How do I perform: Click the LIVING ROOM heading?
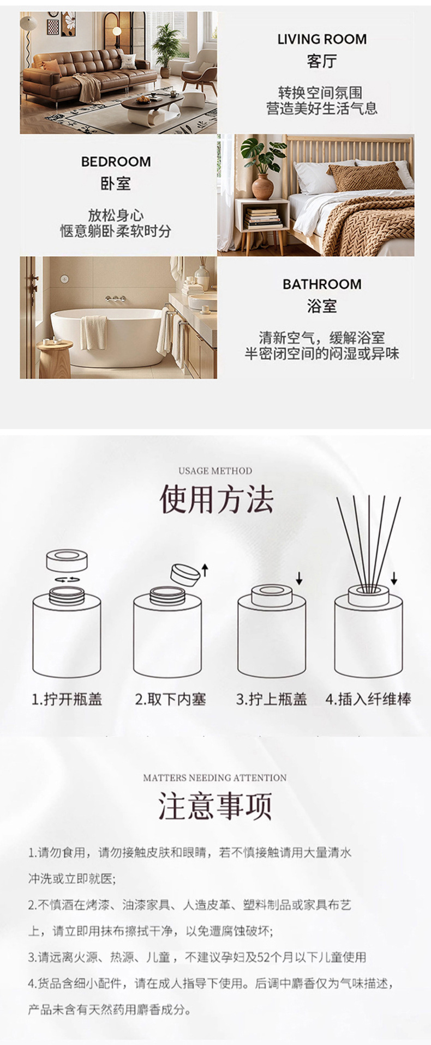[x=322, y=39]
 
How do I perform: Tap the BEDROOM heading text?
[x=116, y=162]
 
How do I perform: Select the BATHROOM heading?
[x=322, y=284]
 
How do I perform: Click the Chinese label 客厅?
[x=322, y=62]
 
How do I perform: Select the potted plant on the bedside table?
[x=262, y=169]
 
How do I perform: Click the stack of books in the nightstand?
[x=262, y=218]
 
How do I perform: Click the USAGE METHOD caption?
[x=215, y=471]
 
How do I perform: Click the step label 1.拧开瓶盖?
[x=67, y=700]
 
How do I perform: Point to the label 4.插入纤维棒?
[x=369, y=700]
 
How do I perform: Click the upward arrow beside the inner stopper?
[x=205, y=570]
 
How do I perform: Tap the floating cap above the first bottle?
[x=67, y=561]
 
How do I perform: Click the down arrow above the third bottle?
[x=299, y=578]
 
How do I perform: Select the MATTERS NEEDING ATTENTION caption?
[x=215, y=778]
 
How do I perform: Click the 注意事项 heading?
[x=215, y=806]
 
